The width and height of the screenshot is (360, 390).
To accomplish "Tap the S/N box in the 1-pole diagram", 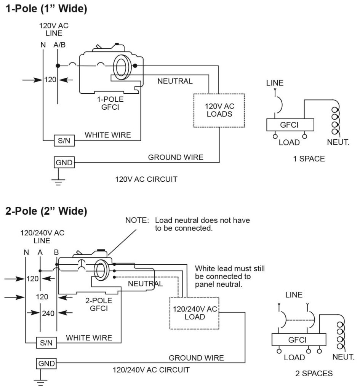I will pyautogui.click(x=64, y=141).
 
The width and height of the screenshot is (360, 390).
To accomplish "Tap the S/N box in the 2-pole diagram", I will pyautogui.click(x=46, y=342).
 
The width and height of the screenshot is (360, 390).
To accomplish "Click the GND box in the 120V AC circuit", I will pyautogui.click(x=64, y=163).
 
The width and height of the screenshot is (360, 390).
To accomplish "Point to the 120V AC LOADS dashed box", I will pyautogui.click(x=219, y=110).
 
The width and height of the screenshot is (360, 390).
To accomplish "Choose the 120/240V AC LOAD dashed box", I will pyautogui.click(x=195, y=313).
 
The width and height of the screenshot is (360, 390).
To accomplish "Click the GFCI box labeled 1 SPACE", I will pyautogui.click(x=290, y=125).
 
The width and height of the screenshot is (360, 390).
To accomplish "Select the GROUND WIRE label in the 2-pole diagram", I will pyautogui.click(x=196, y=358).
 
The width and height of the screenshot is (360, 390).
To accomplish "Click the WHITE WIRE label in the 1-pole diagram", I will pyautogui.click(x=108, y=135).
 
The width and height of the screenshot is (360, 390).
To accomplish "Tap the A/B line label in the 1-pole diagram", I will pyautogui.click(x=59, y=45).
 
